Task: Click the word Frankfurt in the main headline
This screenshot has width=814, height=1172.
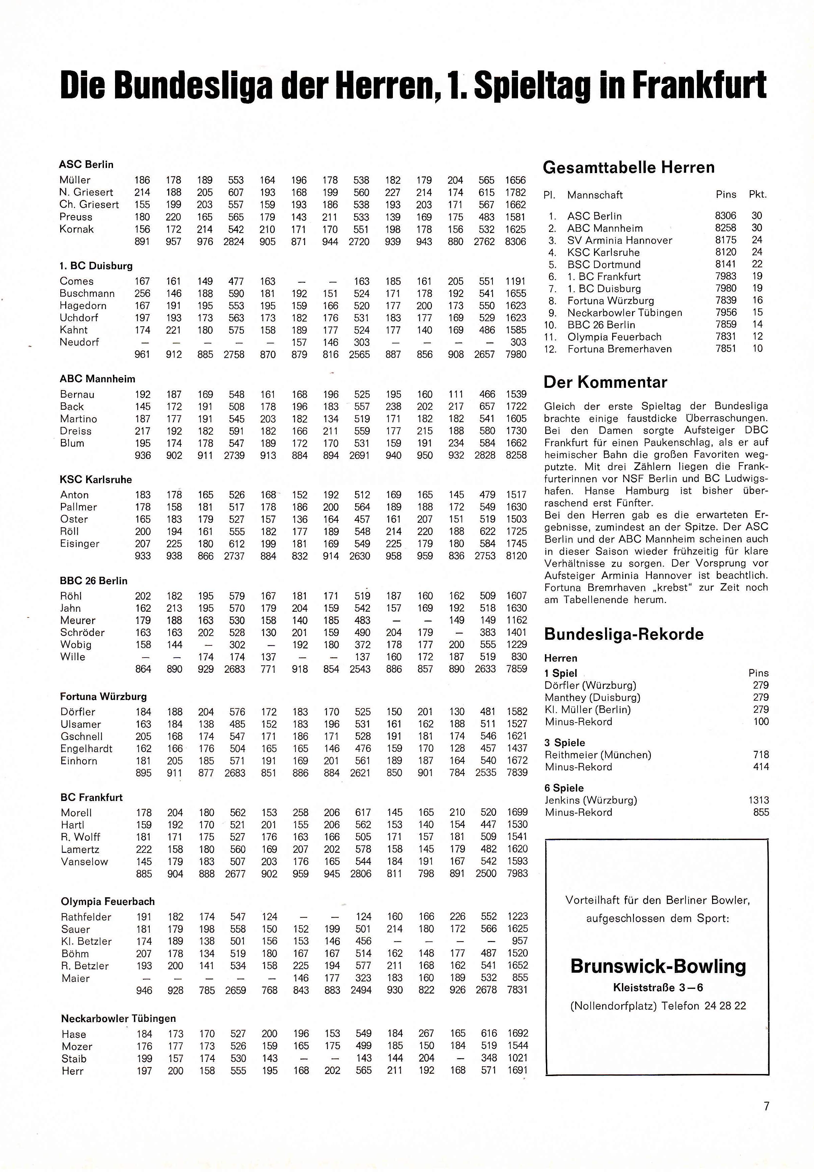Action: pos(699,85)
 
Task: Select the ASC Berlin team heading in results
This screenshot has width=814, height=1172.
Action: pos(86,164)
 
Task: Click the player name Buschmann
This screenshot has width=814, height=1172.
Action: pos(87,294)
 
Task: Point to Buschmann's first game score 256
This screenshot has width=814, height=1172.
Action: pos(142,294)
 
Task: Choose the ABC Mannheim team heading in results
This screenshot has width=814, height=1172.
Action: pos(98,379)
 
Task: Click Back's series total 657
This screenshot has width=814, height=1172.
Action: pos(487,406)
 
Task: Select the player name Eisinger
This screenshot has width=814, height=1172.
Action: pos(80,544)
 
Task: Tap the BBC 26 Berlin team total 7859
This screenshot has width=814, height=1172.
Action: pos(516,669)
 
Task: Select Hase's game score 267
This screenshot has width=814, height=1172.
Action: pos(426,1033)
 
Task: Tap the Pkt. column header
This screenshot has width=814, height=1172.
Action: pos(757,195)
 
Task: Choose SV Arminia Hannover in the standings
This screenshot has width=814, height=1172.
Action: pos(620,240)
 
